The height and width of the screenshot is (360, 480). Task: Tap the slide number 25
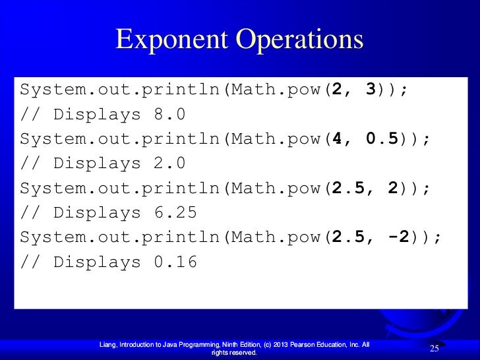pos(435,347)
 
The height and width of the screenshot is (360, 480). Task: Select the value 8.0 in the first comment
pos(169,115)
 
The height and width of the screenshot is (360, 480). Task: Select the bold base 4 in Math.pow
pos(338,139)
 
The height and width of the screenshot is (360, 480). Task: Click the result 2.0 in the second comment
pos(169,164)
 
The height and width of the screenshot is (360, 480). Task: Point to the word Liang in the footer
pos(107,344)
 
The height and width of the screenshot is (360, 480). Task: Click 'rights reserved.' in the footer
pos(233,353)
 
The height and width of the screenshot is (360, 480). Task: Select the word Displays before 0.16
pos(97,262)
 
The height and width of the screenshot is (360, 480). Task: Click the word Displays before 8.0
pos(97,115)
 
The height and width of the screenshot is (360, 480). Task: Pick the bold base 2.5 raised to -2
pos(349,237)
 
